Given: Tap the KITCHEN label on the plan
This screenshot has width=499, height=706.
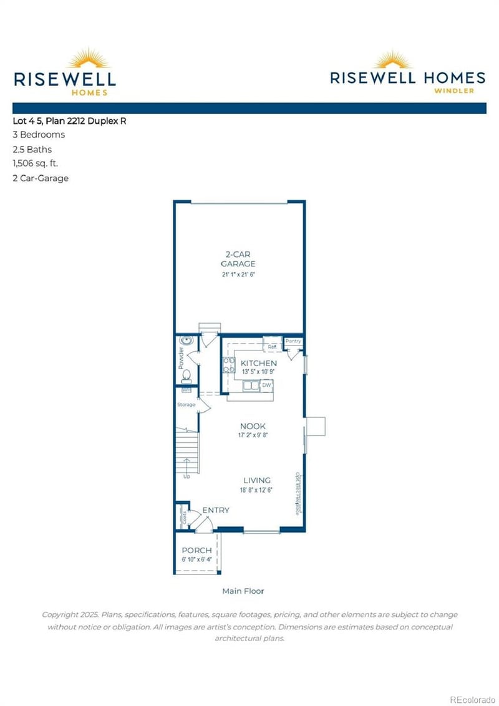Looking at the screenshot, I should pos(259,363).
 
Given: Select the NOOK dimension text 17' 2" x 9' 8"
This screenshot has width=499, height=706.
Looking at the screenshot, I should pos(258,435).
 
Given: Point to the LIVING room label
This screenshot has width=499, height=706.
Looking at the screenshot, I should pos(257,480).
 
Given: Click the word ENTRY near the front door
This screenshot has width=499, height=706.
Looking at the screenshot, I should pos(215,510).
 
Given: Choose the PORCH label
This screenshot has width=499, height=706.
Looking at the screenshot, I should pos(196,551).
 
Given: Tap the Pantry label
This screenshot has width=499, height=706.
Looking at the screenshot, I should pos(293,341).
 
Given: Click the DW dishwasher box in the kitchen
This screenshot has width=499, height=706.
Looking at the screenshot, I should pos(266,385).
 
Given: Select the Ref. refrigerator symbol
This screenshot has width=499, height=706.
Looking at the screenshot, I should pos(273,347).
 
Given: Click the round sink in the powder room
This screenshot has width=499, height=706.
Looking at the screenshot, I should pos(187,341).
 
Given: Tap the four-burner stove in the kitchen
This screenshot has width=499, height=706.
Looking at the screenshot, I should pos(228,364).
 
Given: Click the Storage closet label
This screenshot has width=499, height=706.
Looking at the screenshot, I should pos(187,405).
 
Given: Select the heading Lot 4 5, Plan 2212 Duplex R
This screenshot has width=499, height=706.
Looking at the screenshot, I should pos(69,121).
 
